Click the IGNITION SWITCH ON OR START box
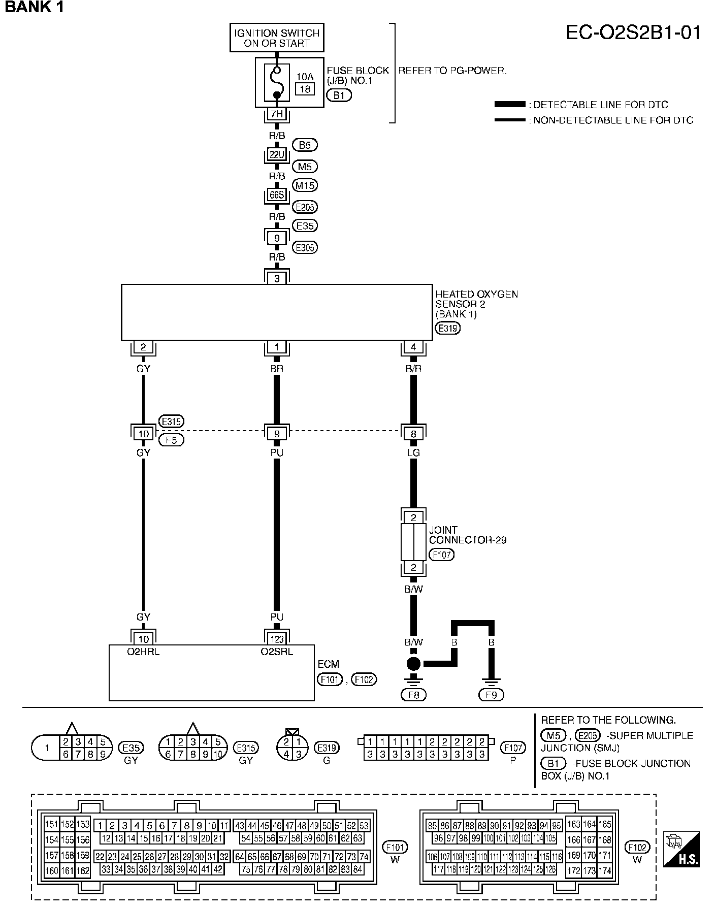[277, 38]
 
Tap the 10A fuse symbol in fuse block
[277, 82]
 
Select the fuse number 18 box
[305, 89]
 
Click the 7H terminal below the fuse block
[277, 114]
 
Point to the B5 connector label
[305, 145]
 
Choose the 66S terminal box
[277, 196]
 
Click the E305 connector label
[305, 247]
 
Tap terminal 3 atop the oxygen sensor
[277, 278]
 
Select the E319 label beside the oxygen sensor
[447, 328]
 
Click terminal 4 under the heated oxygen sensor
[413, 347]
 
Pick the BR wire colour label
[277, 369]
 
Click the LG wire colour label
[413, 452]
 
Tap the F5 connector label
[171, 440]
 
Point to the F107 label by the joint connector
[441, 555]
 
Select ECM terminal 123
[277, 639]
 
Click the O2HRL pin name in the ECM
[143, 652]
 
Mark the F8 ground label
[413, 695]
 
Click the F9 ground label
[491, 695]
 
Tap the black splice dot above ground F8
[413, 664]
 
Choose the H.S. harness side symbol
[681, 849]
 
